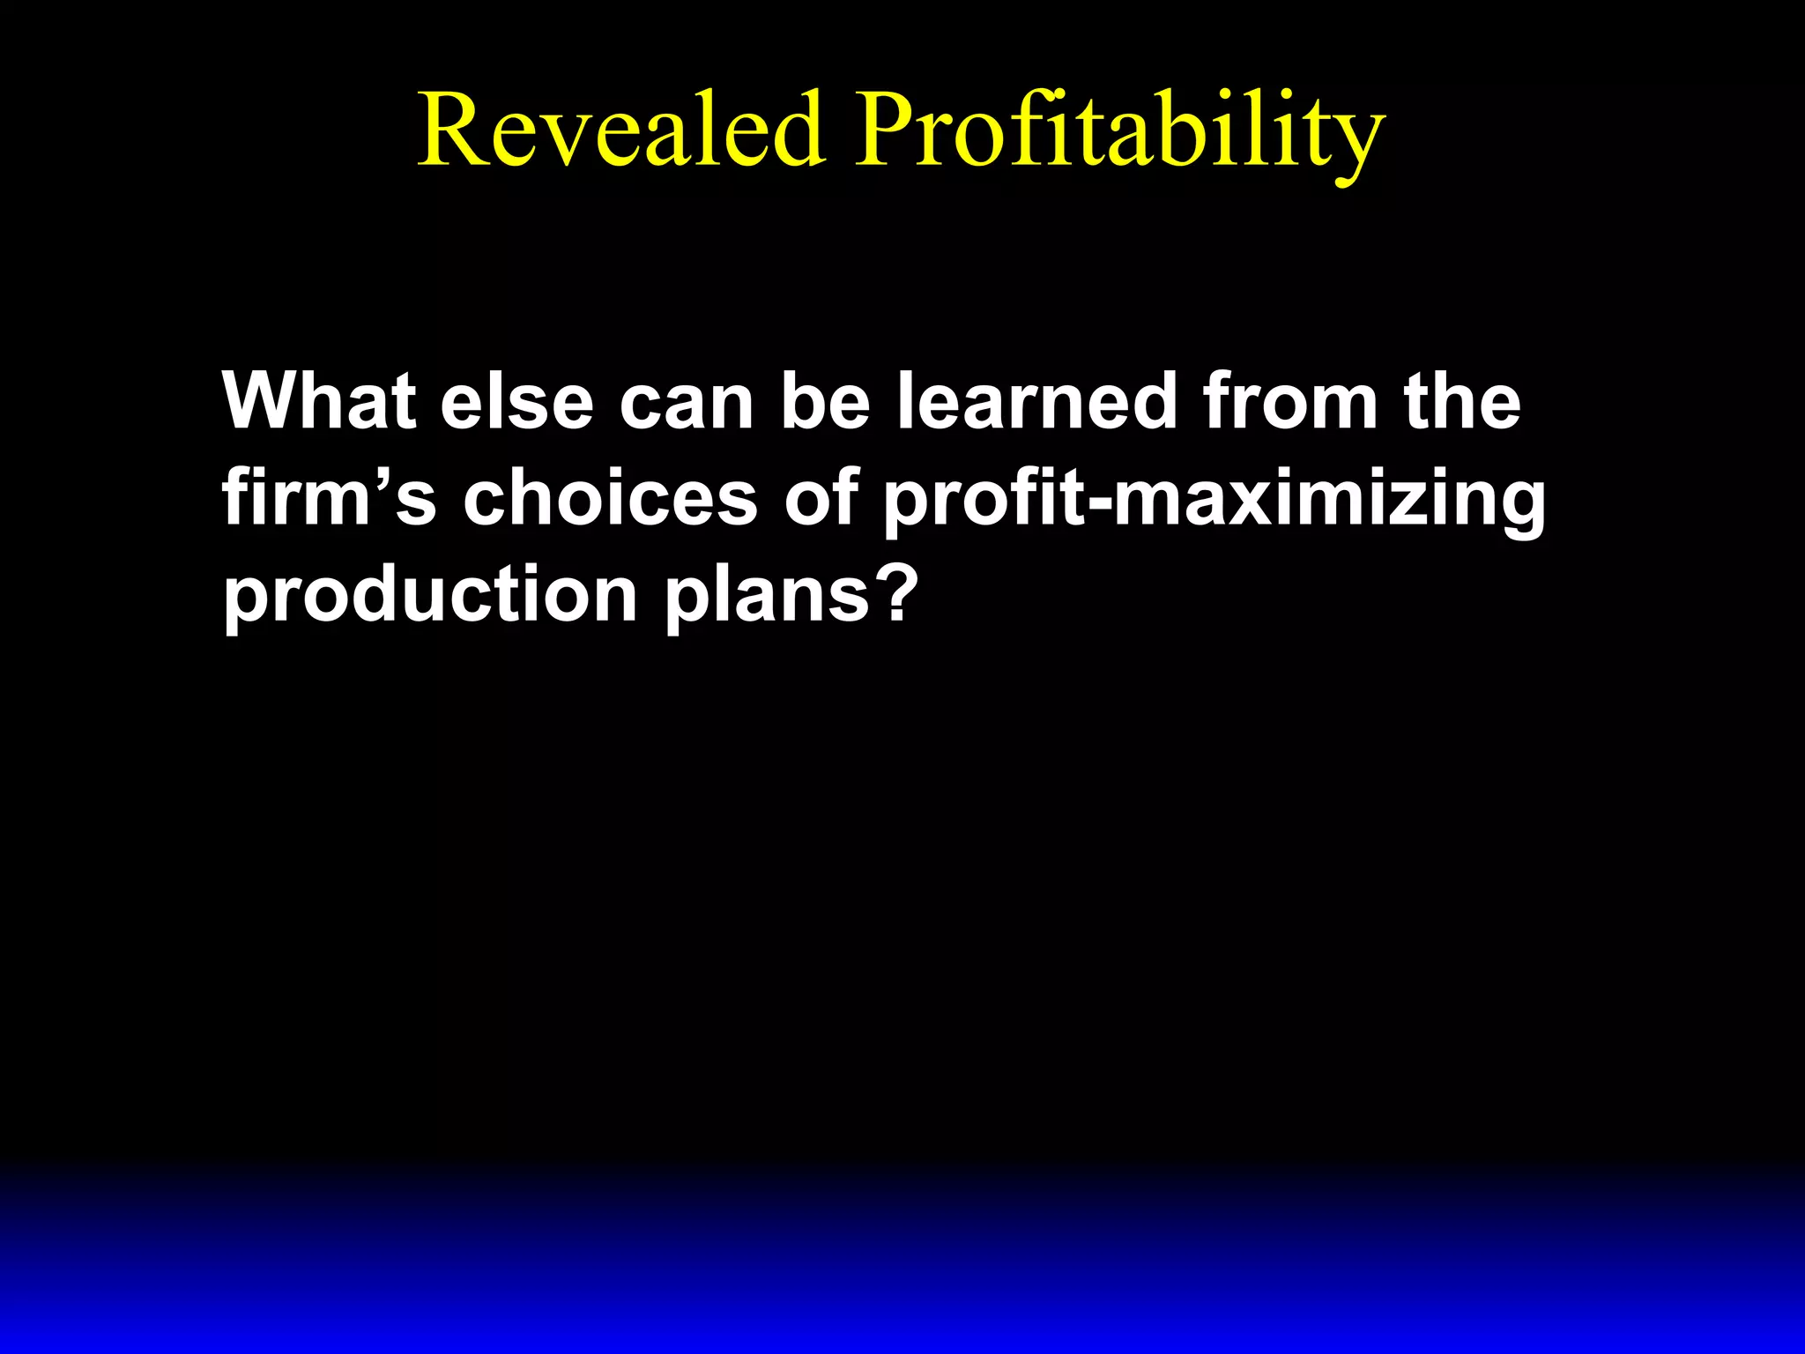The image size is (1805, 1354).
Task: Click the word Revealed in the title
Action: point(621,130)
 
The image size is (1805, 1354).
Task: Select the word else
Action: point(517,401)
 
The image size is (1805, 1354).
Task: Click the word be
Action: point(825,401)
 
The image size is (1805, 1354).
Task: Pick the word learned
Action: point(1037,401)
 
